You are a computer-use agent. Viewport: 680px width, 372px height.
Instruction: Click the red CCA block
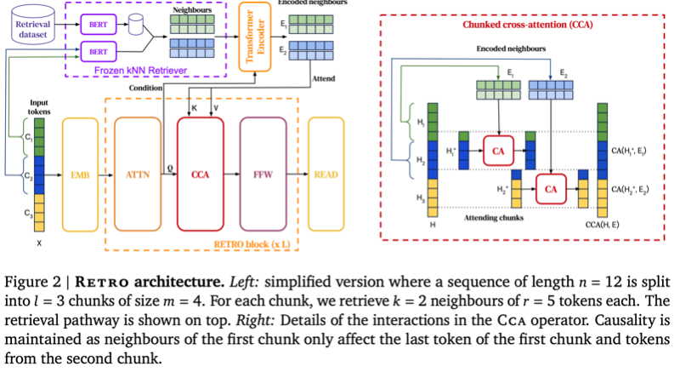click(x=200, y=175)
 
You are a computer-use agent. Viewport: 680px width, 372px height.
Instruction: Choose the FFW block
click(x=263, y=175)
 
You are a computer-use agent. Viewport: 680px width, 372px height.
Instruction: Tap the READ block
click(x=326, y=175)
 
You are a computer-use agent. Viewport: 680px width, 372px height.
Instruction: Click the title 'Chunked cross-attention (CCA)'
click(x=527, y=26)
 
